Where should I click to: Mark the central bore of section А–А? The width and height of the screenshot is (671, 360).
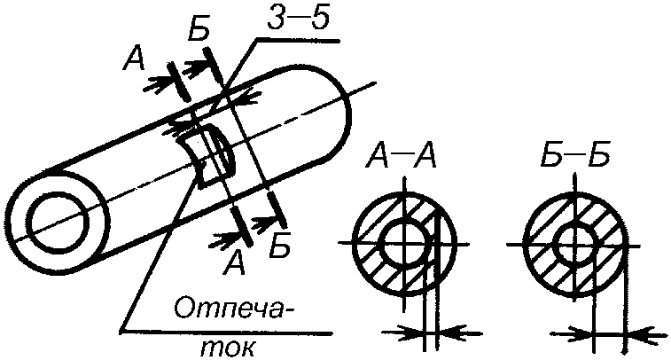coord(404,240)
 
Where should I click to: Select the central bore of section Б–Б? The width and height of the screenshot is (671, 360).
coord(575,240)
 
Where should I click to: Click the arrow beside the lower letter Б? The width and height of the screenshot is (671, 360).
coord(261,219)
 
